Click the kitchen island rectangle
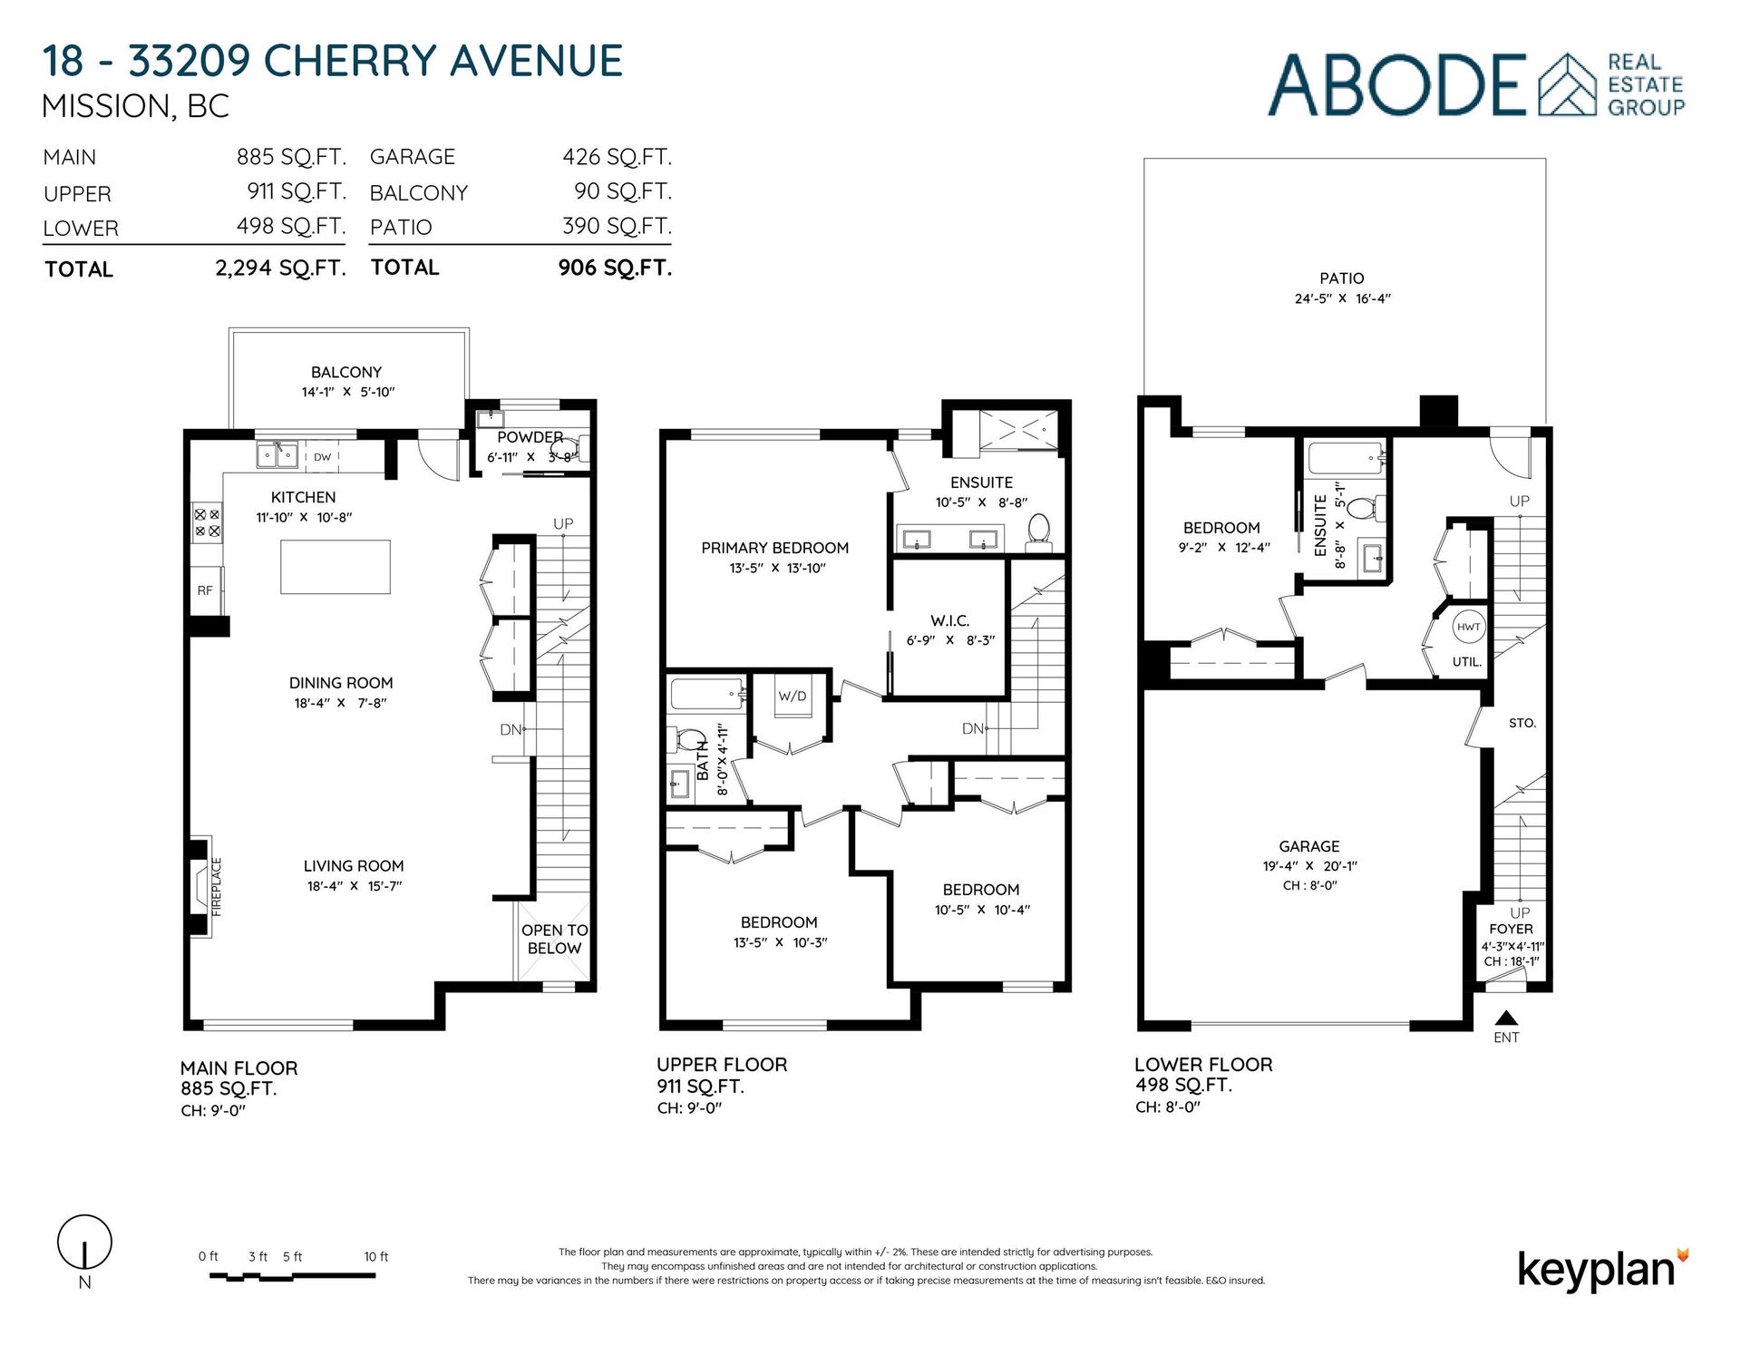tap(336, 567)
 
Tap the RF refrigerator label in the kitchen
tap(205, 590)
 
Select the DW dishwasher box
tap(322, 457)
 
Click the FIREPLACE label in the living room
tap(217, 887)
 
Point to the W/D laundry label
tap(792, 696)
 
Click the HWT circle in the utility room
tap(1468, 627)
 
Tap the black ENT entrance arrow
tap(1506, 1017)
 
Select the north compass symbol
tap(84, 1242)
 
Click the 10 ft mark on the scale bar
tap(375, 1256)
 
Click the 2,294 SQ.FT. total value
tap(280, 268)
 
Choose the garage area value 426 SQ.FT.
tap(617, 157)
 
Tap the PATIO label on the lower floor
tap(1341, 278)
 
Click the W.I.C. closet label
tap(949, 620)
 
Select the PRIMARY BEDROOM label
tap(774, 548)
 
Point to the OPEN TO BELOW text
tap(554, 939)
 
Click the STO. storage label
tap(1522, 723)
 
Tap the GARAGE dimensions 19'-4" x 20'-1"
tap(1309, 866)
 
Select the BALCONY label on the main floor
tap(346, 372)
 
